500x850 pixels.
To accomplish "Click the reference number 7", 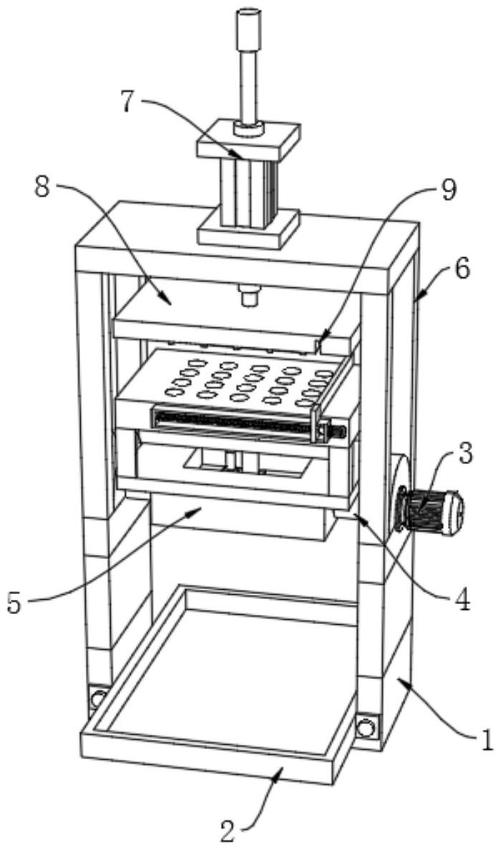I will (127, 102).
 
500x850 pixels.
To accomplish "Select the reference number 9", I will (448, 189).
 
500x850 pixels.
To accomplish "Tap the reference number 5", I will (15, 602).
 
